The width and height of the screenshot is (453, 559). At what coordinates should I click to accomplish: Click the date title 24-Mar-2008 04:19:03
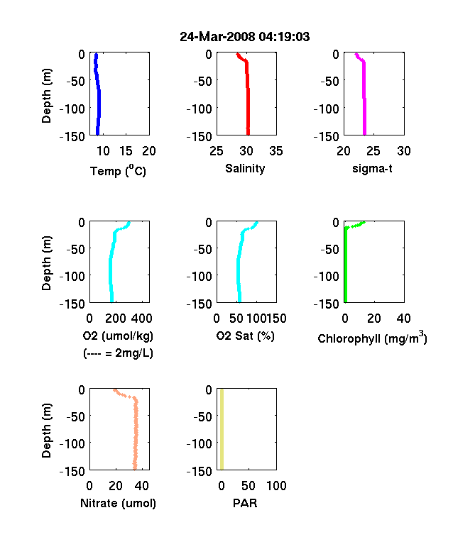(245, 37)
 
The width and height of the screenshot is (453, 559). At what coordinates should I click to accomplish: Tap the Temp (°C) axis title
(118, 170)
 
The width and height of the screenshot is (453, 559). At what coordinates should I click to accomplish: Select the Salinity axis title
(245, 168)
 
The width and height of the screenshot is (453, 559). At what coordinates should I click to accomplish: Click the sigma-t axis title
(372, 168)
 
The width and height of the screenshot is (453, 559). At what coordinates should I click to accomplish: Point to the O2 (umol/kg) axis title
(118, 336)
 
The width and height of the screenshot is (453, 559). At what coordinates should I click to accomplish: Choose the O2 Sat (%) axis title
(246, 336)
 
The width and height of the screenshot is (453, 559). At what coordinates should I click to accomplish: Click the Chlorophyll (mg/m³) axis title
(372, 337)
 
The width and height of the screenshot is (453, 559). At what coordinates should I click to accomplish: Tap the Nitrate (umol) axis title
(118, 503)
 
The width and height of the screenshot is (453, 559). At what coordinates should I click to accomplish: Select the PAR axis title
(245, 503)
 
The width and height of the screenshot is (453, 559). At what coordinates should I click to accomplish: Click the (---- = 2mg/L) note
(118, 353)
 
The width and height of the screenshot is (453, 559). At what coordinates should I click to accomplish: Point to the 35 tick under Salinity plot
(276, 151)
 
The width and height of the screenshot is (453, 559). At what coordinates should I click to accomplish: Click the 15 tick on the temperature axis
(126, 151)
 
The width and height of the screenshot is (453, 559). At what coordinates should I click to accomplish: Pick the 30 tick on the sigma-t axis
(404, 151)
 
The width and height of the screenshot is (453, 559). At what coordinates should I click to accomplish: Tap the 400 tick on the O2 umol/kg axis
(142, 319)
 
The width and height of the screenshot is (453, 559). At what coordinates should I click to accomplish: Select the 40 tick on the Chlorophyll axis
(404, 319)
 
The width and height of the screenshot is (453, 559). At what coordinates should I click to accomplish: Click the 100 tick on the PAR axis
(276, 485)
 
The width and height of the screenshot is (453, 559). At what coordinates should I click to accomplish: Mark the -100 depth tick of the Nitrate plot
(72, 444)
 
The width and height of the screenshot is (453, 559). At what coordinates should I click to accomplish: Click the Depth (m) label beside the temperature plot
(46, 96)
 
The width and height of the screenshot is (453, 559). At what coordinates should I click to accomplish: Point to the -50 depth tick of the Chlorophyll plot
(329, 249)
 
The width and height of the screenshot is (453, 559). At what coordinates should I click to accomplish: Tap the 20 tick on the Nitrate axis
(116, 485)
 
